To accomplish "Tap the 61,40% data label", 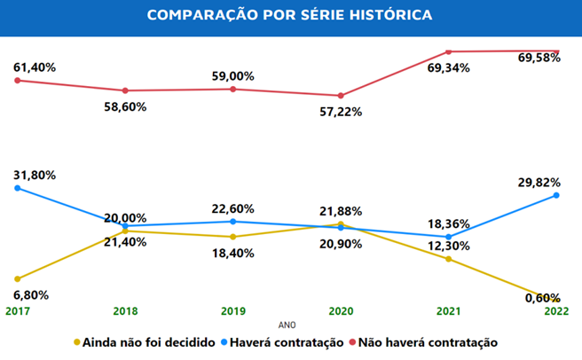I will tap(35, 67).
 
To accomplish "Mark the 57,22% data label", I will tap(340, 111).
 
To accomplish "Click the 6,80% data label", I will tap(30, 294).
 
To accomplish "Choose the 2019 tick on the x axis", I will tap(232, 311).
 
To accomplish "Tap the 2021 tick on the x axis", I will tap(448, 311).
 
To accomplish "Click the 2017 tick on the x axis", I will tap(17, 311).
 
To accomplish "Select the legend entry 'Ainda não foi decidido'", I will tap(147, 341).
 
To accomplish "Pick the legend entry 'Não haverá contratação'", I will tap(435, 341).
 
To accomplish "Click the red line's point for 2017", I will tap(17, 81).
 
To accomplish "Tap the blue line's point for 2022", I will tap(556, 195).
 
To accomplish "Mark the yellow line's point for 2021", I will tap(448, 259).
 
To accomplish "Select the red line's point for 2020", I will tap(340, 96).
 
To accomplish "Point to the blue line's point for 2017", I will tap(17, 188).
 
